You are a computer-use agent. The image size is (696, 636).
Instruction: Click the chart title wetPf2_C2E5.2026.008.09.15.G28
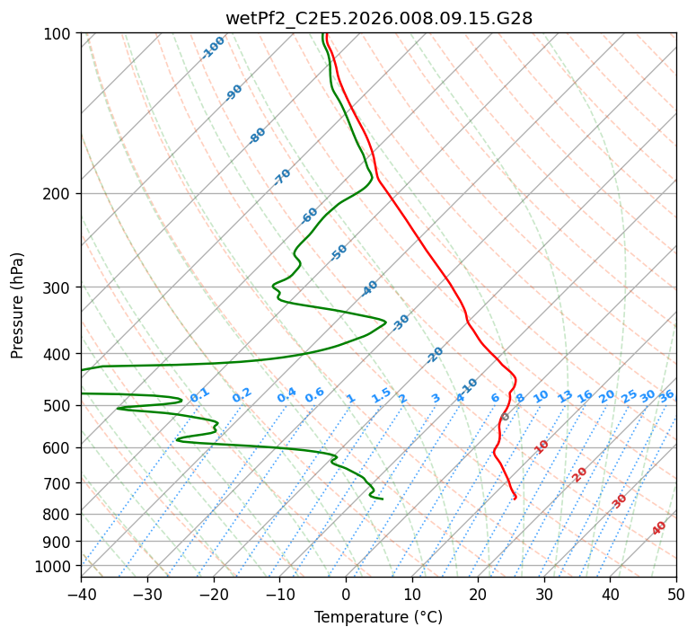[379, 18]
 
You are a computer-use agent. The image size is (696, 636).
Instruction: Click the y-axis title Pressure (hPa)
[17, 305]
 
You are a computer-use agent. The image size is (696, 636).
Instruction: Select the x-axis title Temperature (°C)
[379, 617]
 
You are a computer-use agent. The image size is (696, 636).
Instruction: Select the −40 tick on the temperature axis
[81, 594]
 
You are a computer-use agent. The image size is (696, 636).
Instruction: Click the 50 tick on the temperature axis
[676, 594]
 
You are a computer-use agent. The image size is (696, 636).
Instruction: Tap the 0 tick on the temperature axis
[347, 594]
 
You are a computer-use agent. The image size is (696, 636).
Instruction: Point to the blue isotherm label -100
[213, 48]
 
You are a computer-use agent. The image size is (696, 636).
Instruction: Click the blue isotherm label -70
[282, 177]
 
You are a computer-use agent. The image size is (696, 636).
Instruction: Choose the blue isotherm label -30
[401, 322]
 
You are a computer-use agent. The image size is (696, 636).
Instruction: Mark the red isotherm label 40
[658, 528]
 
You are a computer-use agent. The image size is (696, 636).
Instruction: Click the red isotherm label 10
[542, 446]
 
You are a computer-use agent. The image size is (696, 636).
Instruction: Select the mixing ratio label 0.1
[199, 395]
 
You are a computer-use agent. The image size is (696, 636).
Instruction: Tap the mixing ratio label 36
[666, 396]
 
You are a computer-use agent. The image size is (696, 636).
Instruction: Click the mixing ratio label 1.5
[382, 395]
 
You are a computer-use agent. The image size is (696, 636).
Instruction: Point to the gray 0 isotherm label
[505, 417]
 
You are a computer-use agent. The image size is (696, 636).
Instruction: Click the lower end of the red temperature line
[515, 499]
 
